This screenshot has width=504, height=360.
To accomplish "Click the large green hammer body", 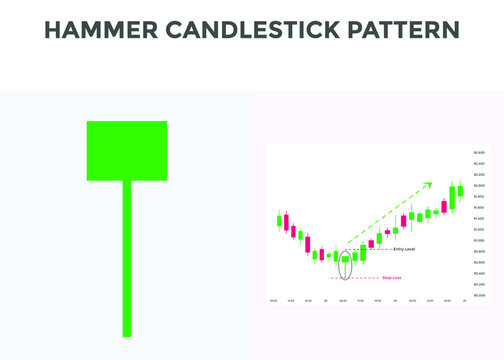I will [x=127, y=150].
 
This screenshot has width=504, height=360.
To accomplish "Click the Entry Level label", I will [x=405, y=248].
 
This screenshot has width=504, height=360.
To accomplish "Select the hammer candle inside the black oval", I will [x=345, y=260].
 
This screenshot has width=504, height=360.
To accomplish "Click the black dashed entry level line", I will [x=375, y=248].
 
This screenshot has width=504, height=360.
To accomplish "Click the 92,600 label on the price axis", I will [x=479, y=152].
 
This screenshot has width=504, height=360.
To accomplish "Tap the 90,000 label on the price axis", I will [x=479, y=296].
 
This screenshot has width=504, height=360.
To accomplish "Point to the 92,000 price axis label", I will [x=479, y=185].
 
